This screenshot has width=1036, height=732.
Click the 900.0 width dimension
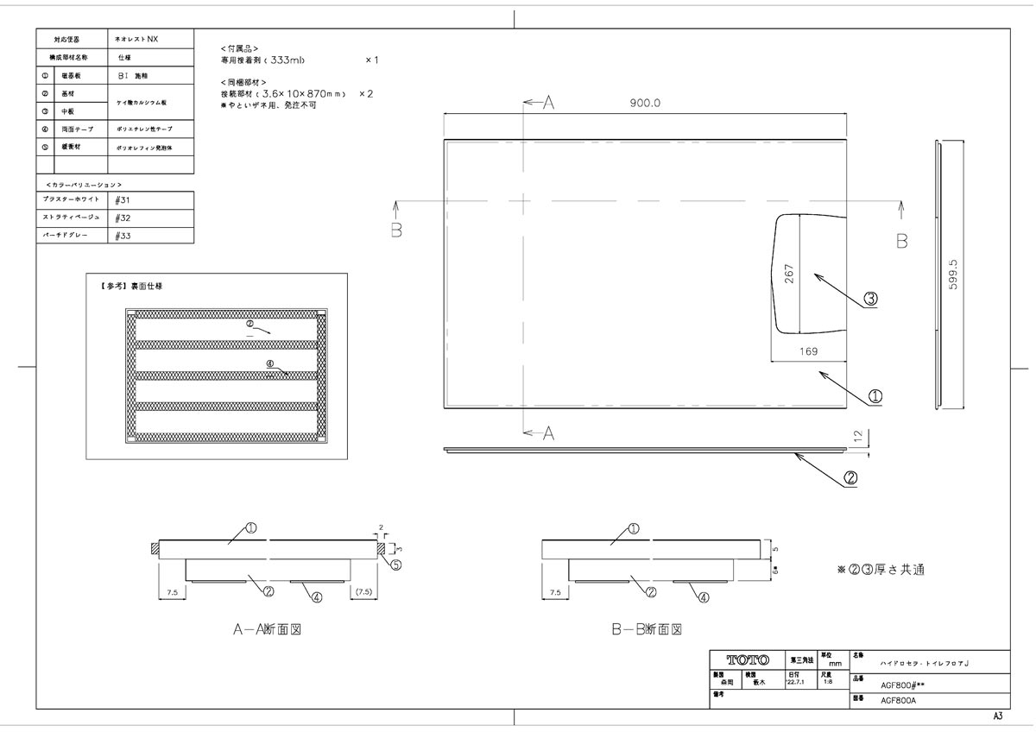(644, 103)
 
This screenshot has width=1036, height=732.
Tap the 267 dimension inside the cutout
(789, 274)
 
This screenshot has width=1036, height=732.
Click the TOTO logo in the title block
(748, 659)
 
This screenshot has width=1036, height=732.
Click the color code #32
(123, 218)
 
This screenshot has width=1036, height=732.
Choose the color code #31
(123, 199)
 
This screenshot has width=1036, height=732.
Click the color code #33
(123, 235)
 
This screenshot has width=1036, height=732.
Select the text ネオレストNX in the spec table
(138, 40)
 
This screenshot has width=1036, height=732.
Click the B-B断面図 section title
(647, 630)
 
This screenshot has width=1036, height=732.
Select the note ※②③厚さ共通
(880, 571)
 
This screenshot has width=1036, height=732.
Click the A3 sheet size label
(997, 716)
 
